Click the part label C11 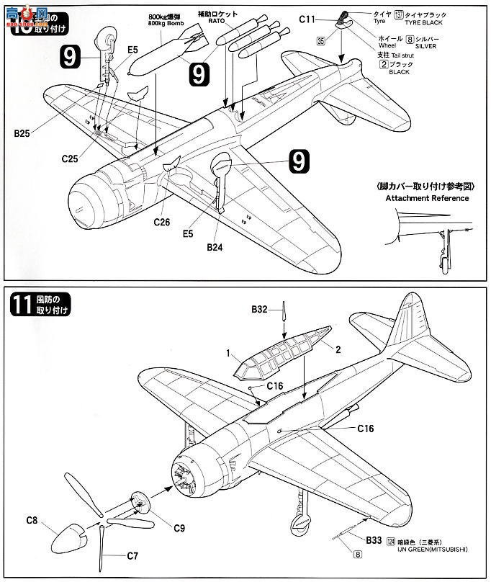tap(308, 21)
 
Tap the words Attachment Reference tap(426, 198)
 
